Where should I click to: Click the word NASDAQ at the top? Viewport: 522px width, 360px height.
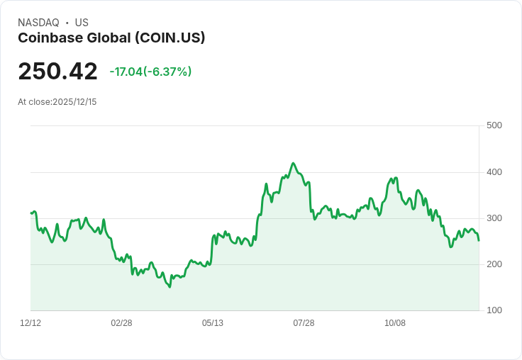tap(38, 23)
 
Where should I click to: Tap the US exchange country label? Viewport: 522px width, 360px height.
tap(82, 23)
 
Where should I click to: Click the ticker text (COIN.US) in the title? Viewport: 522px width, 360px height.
tap(171, 38)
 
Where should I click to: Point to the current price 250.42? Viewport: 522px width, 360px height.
tap(57, 72)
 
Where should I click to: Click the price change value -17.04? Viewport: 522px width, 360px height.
tap(126, 72)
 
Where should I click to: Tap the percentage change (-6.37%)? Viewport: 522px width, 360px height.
tap(167, 72)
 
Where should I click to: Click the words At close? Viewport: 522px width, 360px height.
tap(34, 102)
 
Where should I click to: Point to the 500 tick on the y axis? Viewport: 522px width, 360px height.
tap(494, 126)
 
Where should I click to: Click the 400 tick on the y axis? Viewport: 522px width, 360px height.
tap(494, 172)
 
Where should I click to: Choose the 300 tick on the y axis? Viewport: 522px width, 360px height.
tap(494, 218)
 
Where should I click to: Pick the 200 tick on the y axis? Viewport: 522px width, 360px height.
tap(494, 264)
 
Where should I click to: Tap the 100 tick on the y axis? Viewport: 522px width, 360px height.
tap(494, 310)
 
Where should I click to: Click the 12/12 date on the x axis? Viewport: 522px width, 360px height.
tap(30, 323)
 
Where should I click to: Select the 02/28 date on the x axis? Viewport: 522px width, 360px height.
tap(121, 323)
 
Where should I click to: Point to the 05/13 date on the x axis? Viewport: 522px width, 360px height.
tap(213, 323)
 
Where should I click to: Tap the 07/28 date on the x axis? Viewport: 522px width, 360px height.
tap(304, 323)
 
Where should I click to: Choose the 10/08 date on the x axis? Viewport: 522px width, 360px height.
tap(394, 323)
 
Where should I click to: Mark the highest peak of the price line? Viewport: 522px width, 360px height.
tap(293, 163)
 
